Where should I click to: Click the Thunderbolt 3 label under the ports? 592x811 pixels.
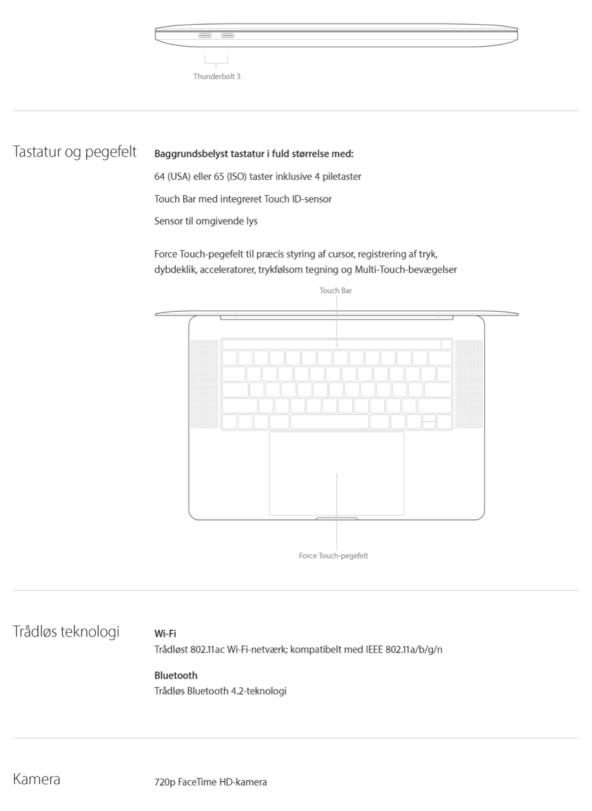(x=216, y=76)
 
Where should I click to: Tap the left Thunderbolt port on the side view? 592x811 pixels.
(x=205, y=35)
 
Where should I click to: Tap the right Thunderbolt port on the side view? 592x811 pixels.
(x=228, y=35)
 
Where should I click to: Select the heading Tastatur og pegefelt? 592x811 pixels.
(x=75, y=152)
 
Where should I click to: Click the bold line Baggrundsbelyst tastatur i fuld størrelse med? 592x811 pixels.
(x=254, y=154)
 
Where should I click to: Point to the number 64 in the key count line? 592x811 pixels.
(x=159, y=176)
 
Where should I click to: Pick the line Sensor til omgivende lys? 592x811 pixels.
(x=206, y=221)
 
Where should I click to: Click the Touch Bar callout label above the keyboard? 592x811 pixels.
(x=335, y=290)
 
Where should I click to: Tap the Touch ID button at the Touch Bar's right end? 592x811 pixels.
(x=447, y=344)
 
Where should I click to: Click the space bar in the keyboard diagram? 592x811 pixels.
(x=329, y=421)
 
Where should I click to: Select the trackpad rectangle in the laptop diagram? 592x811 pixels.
(x=337, y=473)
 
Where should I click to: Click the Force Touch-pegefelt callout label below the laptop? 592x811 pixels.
(x=333, y=555)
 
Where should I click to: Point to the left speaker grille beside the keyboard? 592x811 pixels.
(x=204, y=383)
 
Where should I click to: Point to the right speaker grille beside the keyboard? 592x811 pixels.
(x=469, y=383)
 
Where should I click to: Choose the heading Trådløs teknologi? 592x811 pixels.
(x=66, y=632)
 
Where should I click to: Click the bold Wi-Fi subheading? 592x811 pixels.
(x=165, y=634)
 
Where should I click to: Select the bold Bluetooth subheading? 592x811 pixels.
(x=176, y=676)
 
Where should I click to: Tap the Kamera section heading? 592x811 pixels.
(x=37, y=779)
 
